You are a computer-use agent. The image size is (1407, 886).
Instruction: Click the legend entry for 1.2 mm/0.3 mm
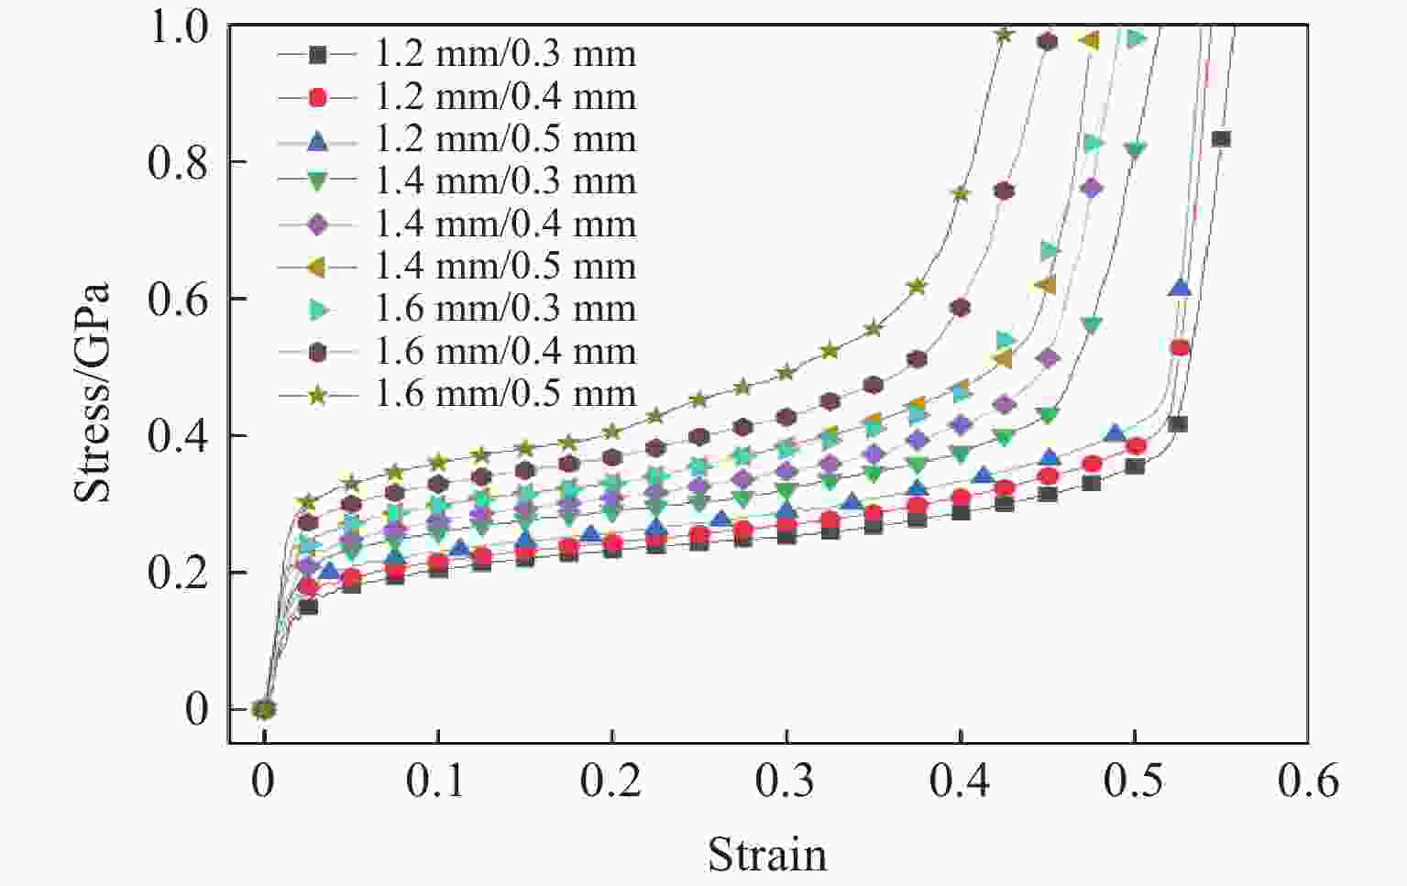tap(505, 54)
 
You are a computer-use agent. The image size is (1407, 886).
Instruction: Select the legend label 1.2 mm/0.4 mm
tap(505, 96)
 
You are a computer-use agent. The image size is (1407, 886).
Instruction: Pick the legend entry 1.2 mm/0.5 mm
tap(505, 139)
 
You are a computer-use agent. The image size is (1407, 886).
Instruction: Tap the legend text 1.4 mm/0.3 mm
tap(505, 181)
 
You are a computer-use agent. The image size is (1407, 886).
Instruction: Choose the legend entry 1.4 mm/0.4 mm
tap(505, 224)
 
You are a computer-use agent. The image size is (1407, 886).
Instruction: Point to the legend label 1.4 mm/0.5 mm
tap(505, 267)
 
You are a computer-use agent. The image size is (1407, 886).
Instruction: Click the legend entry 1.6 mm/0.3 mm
tap(505, 309)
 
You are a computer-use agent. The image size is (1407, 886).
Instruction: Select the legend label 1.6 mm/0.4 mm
tap(505, 352)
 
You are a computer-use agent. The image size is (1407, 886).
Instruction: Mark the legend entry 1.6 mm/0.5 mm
tap(505, 394)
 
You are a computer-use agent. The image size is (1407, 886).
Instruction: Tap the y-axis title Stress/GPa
tap(92, 392)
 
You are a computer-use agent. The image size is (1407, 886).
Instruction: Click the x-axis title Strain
tap(766, 854)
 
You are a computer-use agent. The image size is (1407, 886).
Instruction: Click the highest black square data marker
tap(1220, 139)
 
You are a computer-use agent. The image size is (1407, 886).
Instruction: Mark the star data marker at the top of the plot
tap(1004, 35)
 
